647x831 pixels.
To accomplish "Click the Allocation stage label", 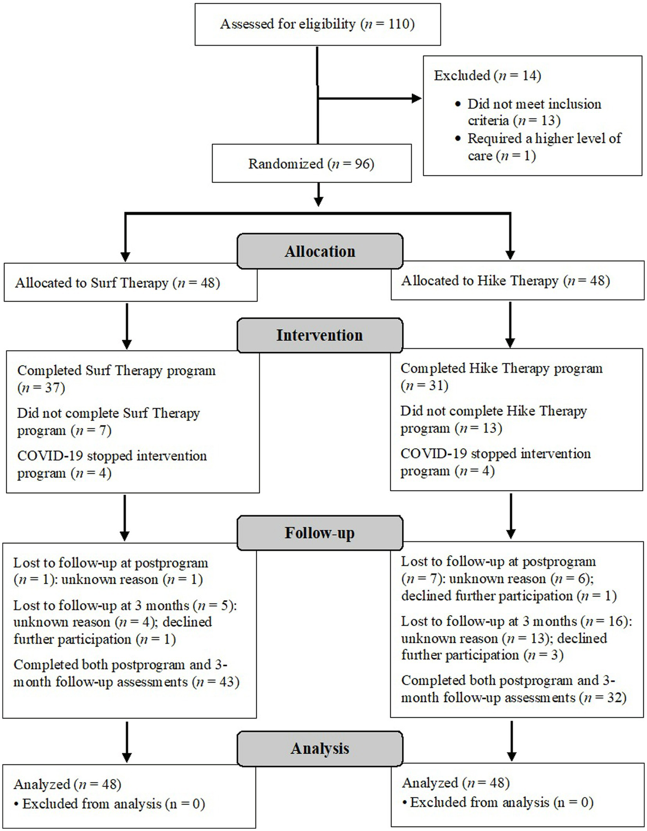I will pos(319,251).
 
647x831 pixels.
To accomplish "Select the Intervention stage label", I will pos(319,335).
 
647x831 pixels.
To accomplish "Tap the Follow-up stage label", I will pos(319,533).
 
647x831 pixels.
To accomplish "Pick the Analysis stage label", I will pos(319,748).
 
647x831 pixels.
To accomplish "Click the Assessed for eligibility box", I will pos(317,24).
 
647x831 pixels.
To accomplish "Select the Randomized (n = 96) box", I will pos(311,164).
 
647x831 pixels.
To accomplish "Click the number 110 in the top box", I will pos(399,24).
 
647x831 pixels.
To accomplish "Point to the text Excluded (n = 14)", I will pos(487,75).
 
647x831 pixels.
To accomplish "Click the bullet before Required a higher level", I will pos(458,139).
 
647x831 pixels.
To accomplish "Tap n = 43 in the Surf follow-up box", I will pos(216,682).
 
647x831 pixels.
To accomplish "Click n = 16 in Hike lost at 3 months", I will pos(607,621).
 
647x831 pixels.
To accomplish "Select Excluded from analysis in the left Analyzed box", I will pos(91,804).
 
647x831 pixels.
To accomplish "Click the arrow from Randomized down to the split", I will pos(319,195).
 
